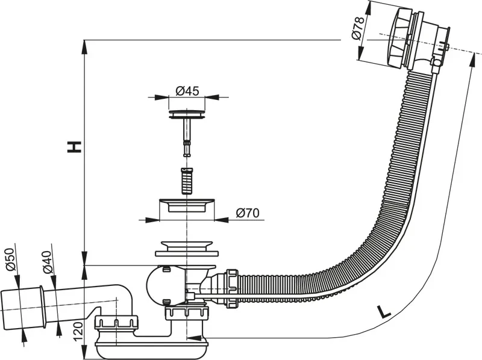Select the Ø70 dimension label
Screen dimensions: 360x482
coord(247,213)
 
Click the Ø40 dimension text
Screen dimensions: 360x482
coord(48,261)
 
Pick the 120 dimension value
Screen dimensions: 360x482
coord(78,331)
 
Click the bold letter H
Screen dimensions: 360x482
coord(74,146)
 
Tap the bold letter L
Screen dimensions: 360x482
coord(382,311)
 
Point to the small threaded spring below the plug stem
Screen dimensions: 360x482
coord(186,180)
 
